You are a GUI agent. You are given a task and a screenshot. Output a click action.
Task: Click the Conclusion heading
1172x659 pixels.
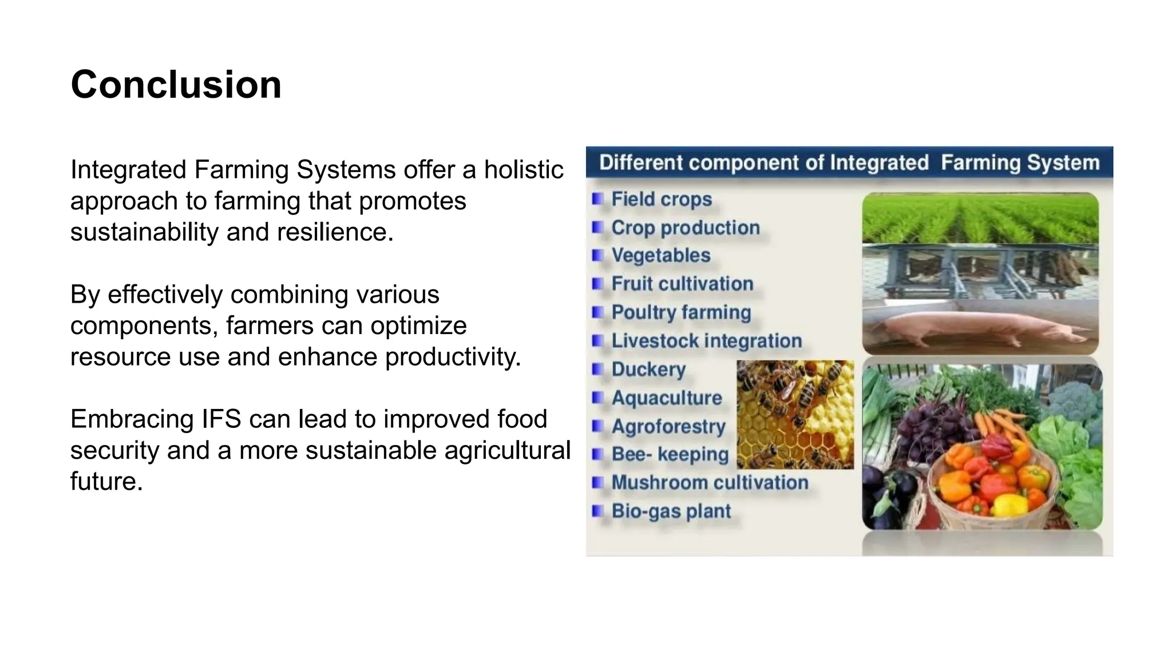[x=176, y=85]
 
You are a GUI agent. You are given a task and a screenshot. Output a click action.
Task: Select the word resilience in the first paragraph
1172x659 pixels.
[x=335, y=232]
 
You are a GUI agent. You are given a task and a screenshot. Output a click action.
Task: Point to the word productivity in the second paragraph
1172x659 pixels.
[x=452, y=357]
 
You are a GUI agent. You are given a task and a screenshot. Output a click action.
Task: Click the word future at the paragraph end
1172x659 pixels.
[x=105, y=482]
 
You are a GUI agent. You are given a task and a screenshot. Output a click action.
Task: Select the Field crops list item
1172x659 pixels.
[x=661, y=199]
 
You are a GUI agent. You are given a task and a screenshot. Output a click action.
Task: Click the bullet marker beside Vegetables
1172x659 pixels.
[x=597, y=255]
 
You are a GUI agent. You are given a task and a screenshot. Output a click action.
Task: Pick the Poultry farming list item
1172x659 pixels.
[x=680, y=312]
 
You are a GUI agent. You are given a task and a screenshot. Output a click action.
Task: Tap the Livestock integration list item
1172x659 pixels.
[x=706, y=341]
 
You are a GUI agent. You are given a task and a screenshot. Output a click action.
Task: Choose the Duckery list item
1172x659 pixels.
[x=648, y=370]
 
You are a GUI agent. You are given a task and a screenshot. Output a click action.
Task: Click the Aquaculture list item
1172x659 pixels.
[x=666, y=398]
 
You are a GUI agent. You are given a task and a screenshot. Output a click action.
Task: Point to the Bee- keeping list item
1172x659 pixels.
[x=670, y=454]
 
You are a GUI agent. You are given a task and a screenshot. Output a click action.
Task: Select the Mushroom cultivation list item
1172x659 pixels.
[x=709, y=483]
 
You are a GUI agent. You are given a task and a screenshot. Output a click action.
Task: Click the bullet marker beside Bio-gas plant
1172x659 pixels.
[x=597, y=511]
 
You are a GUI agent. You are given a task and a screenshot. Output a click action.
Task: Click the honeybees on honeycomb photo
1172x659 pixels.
[x=795, y=414]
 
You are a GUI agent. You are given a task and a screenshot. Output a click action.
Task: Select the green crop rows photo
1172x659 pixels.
[x=980, y=217]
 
